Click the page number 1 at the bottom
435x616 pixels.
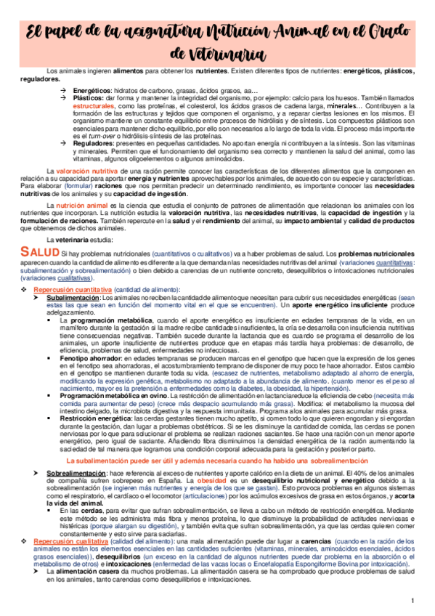(x=412, y=600)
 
